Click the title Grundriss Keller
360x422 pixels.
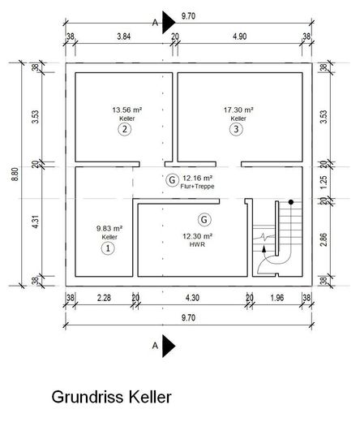111,397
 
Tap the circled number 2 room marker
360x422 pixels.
125,129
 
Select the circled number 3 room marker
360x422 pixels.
236,129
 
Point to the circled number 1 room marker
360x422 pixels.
108,248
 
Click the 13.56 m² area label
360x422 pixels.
127,110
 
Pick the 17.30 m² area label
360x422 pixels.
238,110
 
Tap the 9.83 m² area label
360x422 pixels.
109,228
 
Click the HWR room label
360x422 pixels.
197,244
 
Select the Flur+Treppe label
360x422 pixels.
197,186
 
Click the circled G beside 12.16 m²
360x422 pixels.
172,180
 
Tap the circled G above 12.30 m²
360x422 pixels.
204,219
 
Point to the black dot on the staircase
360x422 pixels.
291,202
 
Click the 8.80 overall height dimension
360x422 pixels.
15,174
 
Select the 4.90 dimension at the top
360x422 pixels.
240,37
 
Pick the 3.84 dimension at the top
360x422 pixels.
124,37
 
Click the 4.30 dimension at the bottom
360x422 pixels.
192,298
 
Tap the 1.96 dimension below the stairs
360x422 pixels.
277,298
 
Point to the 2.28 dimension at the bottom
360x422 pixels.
104,298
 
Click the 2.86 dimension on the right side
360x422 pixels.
324,239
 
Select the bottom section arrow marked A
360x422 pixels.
169,346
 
